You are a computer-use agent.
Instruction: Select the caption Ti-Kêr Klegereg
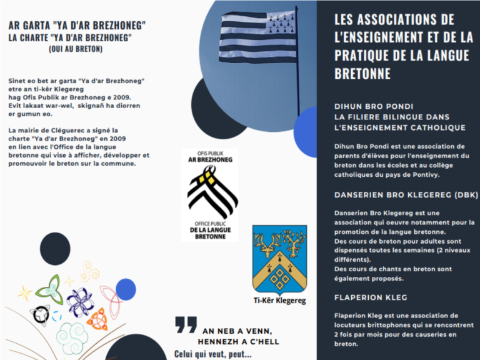click(x=279, y=301)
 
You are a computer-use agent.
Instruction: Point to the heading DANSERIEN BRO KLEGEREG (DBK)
click(x=406, y=195)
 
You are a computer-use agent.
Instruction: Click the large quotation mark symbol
click(x=186, y=324)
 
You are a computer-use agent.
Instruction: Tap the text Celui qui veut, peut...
click(x=212, y=354)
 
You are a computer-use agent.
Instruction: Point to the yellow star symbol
click(x=26, y=292)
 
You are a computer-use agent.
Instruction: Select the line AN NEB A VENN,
click(x=237, y=331)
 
